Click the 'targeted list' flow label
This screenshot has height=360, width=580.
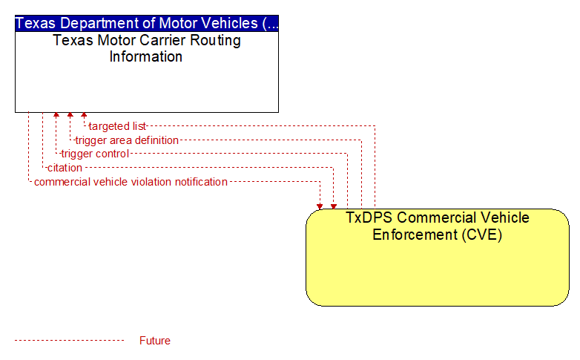pyautogui.click(x=117, y=126)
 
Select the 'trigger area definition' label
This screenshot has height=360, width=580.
pyautogui.click(x=127, y=140)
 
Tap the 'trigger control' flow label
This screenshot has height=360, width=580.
pyautogui.click(x=95, y=154)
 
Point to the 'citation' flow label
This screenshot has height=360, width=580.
pyautogui.click(x=65, y=168)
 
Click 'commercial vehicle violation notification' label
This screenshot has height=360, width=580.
pyautogui.click(x=131, y=182)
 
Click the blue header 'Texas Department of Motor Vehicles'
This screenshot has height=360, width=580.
pyautogui.click(x=147, y=23)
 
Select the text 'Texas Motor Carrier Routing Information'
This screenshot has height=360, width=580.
pyautogui.click(x=146, y=48)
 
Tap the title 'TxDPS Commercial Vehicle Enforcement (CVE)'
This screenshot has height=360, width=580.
pyautogui.click(x=437, y=226)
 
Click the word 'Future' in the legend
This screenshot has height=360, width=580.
pyautogui.click(x=154, y=341)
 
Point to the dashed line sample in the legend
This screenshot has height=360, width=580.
pyautogui.click(x=69, y=340)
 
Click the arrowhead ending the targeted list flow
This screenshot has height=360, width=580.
pyautogui.click(x=84, y=115)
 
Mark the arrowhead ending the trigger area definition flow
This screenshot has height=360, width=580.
pyautogui.click(x=70, y=115)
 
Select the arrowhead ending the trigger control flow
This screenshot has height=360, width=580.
pyautogui.click(x=56, y=115)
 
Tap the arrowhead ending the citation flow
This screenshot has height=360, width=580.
pyautogui.click(x=334, y=206)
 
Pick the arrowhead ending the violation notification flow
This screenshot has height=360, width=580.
pyautogui.click(x=320, y=206)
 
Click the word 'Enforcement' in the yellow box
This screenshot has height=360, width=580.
pyautogui.click(x=415, y=235)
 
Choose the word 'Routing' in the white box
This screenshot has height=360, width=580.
pyautogui.click(x=216, y=41)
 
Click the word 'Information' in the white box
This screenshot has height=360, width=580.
pyautogui.click(x=145, y=56)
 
